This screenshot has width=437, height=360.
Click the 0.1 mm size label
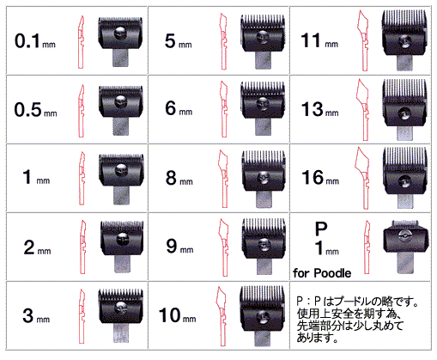tap(35, 40)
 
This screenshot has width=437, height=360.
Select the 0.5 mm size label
tap(35, 109)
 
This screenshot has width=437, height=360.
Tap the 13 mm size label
tap(320, 109)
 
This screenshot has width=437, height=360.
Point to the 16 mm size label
tap(320, 177)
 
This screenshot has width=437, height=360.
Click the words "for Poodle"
tap(322, 273)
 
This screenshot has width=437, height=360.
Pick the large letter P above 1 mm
tap(321, 229)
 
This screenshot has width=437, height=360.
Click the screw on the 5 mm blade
tap(263, 37)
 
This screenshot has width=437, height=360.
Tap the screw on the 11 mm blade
tap(404, 41)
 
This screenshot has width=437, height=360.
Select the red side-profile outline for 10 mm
tap(222, 316)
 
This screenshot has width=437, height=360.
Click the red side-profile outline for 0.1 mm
tap(81, 42)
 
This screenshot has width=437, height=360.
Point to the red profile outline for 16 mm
tap(362, 178)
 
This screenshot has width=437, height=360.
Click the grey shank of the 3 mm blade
tap(121, 333)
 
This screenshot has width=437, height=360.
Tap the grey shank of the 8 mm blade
tap(264, 199)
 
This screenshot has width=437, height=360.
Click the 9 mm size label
tap(179, 246)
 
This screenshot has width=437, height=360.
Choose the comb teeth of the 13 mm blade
tap(404, 89)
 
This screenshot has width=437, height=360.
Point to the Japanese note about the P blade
tap(358, 320)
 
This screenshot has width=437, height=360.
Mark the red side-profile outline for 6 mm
tap(224, 109)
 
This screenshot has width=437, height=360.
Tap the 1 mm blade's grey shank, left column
tap(121, 196)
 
